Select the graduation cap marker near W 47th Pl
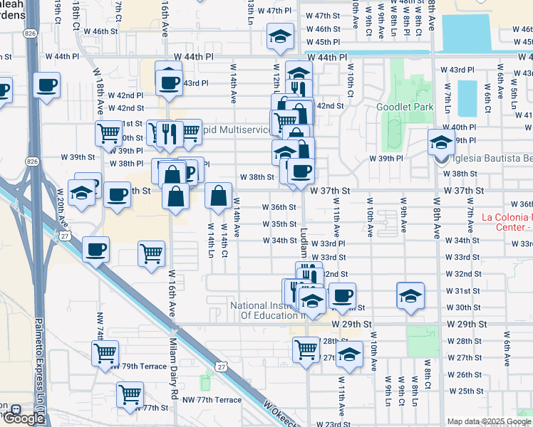pos(281,36)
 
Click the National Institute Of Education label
pos(268,310)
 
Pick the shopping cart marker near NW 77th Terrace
pos(130,394)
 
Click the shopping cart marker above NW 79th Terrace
pos(105,352)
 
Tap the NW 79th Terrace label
pos(138,367)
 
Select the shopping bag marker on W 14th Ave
pos(218,195)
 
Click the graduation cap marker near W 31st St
pos(410,296)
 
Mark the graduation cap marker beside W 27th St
pos(349,354)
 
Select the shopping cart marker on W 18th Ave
pos(108,132)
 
